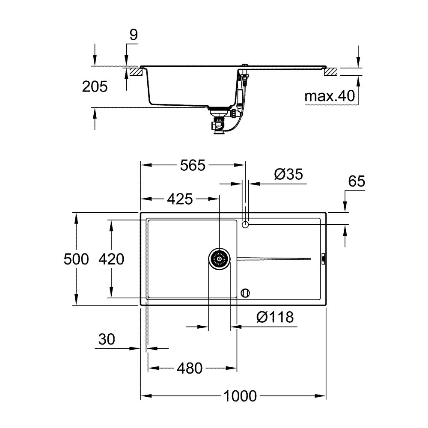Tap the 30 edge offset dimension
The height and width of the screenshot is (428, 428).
pos(107,339)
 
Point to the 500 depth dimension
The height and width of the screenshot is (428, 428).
pos(76,259)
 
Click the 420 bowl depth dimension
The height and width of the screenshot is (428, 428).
pos(111,259)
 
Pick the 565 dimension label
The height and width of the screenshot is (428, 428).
pos(192,165)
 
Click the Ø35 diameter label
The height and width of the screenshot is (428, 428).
pos(288,174)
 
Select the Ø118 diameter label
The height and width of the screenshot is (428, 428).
pos(275,317)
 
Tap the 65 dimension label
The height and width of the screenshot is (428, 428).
pos(356,181)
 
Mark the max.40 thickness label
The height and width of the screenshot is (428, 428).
pos(330,96)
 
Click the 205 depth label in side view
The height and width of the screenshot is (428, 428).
pos(94,87)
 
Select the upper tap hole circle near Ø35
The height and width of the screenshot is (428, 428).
pos(245,225)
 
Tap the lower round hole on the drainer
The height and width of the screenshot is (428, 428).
pos(245,293)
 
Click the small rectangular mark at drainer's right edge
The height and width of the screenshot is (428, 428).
pos(324,259)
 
